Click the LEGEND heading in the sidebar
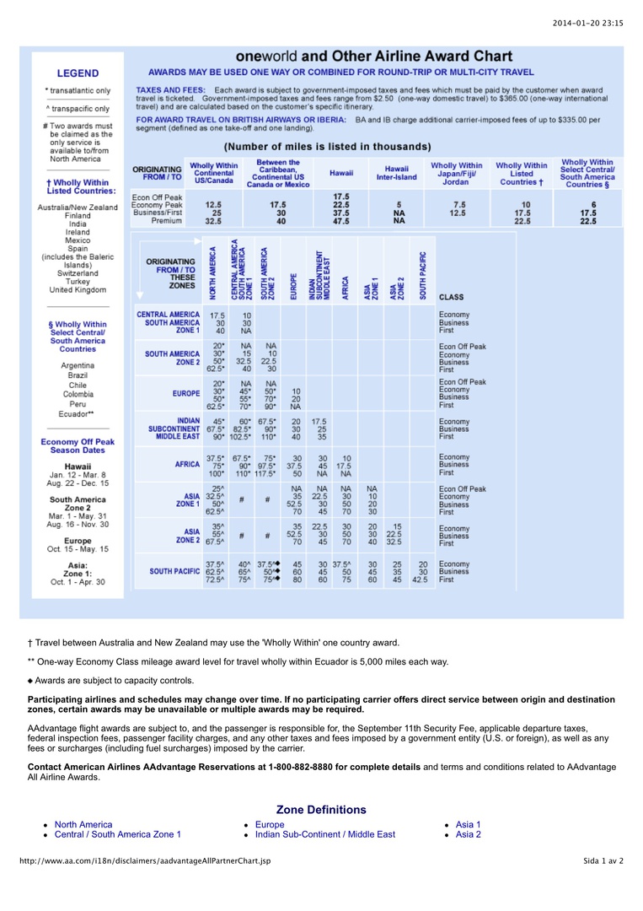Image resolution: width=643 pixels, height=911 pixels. click(x=78, y=73)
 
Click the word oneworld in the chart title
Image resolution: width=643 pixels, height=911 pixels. click(x=267, y=57)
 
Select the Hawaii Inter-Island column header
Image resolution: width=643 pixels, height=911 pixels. click(x=397, y=173)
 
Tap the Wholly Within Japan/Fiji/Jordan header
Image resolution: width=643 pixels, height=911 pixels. click(x=456, y=173)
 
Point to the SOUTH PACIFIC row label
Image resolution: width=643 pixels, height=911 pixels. click(x=174, y=570)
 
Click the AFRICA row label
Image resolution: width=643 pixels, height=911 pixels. click(x=188, y=463)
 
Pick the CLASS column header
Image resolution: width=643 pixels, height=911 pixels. click(x=451, y=297)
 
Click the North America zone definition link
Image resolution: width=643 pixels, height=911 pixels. click(x=83, y=824)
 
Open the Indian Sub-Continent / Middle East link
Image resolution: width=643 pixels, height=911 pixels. click(x=324, y=834)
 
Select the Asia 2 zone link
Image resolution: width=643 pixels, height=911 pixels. click(x=468, y=834)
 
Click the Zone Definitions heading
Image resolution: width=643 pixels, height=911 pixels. click(x=321, y=810)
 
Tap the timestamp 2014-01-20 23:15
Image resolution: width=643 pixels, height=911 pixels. click(x=587, y=23)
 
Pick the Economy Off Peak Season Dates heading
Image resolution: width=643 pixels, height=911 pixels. click(x=78, y=445)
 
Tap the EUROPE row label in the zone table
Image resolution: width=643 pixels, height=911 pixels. click(x=186, y=394)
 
